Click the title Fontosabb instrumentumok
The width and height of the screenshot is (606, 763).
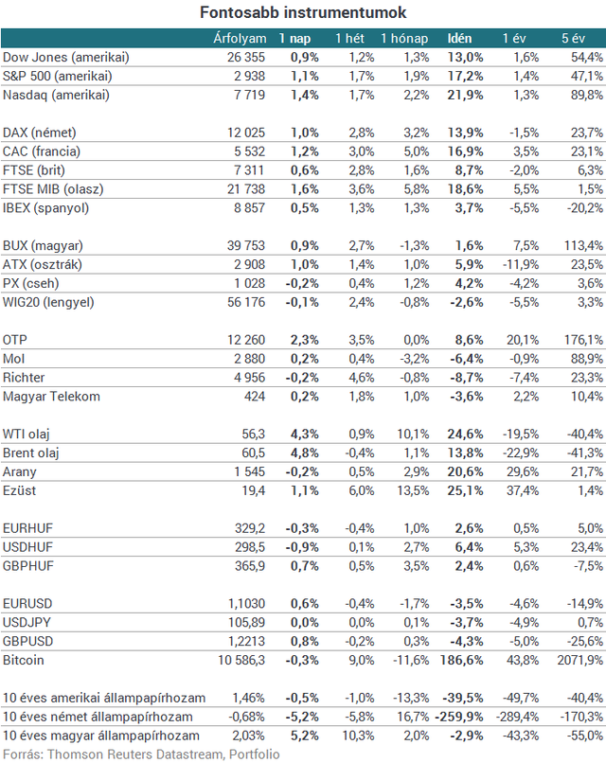click(303, 12)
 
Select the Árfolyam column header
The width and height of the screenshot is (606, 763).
click(240, 39)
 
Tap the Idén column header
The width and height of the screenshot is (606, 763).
click(459, 39)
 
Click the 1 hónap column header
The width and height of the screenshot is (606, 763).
click(404, 39)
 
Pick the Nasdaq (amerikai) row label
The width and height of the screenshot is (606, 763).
click(56, 95)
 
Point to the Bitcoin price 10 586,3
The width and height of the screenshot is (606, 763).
click(241, 661)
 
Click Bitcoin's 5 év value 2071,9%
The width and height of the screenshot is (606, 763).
click(580, 661)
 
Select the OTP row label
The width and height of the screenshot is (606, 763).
click(14, 340)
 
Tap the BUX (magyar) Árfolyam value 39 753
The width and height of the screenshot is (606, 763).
click(246, 246)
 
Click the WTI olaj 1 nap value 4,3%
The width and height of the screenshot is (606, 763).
click(305, 435)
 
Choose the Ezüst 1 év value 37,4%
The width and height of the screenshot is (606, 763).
click(523, 490)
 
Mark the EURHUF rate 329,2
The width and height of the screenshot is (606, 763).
click(250, 528)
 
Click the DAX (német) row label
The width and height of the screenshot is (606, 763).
click(40, 133)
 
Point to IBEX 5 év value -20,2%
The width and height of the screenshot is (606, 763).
click(585, 208)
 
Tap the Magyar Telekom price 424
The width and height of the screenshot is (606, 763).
click(255, 397)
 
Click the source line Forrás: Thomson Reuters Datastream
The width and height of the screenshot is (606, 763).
click(113, 754)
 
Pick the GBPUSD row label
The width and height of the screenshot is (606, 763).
click(27, 641)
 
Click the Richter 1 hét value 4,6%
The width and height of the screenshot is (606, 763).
click(361, 378)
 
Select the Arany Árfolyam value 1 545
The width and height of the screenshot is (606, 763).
click(249, 472)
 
